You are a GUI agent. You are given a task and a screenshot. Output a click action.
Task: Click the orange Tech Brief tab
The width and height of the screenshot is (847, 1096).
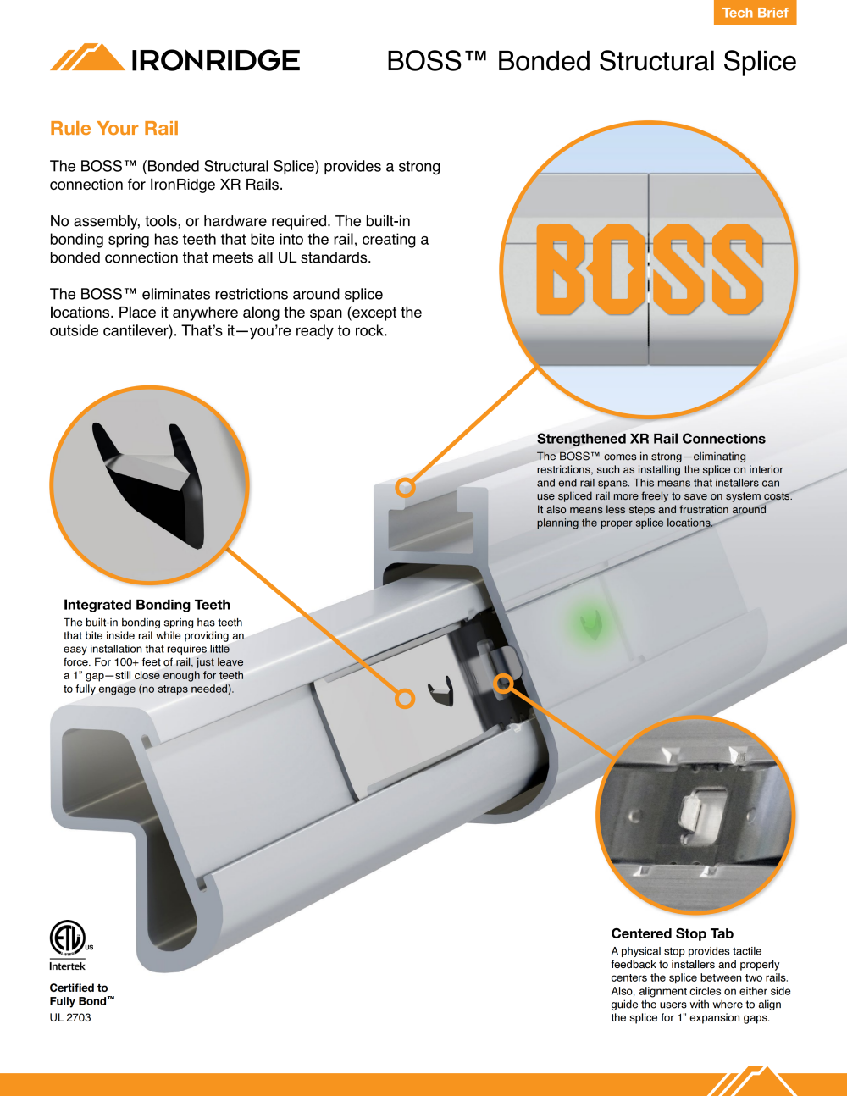coord(755,12)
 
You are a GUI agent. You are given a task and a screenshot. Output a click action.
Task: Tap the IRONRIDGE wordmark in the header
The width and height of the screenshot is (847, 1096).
coord(215,60)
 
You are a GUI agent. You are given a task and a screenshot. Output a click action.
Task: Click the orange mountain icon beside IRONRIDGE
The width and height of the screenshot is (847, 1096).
coord(87,57)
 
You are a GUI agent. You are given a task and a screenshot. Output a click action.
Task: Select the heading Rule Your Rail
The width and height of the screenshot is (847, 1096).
coord(114,128)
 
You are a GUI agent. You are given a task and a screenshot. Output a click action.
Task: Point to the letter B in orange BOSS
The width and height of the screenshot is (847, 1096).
coord(561,269)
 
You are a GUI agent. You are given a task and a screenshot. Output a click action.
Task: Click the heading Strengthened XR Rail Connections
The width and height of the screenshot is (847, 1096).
coord(650,439)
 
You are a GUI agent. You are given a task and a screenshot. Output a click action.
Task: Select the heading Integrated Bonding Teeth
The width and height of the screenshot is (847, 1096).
coord(147,605)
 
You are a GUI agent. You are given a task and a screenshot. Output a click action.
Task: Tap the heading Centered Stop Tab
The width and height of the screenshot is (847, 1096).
coord(672,933)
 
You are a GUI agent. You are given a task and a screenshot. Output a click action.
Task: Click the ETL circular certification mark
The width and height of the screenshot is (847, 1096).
coord(68,938)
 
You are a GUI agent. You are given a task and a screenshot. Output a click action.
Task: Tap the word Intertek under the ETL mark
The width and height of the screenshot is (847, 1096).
coord(67,966)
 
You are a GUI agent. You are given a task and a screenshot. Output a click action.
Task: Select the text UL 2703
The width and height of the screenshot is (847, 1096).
coord(70,1018)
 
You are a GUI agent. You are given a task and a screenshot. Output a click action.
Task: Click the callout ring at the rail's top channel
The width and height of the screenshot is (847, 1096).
coord(405,487)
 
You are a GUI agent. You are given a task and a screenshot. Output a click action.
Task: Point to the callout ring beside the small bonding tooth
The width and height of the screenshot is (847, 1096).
coord(404,699)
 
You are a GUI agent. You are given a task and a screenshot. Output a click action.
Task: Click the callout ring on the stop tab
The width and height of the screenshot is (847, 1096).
coord(502,684)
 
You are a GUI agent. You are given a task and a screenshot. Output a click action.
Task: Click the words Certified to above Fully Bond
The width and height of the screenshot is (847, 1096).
coord(79,988)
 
